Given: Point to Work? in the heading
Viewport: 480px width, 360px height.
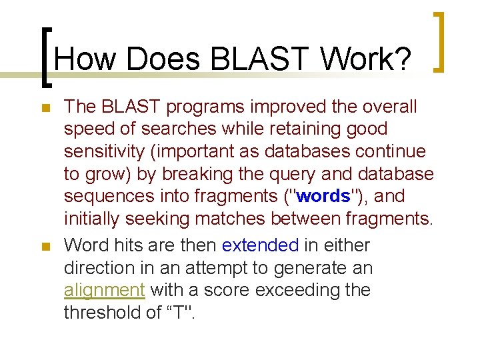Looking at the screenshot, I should click(x=365, y=60).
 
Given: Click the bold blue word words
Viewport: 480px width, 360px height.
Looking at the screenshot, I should click(x=323, y=197).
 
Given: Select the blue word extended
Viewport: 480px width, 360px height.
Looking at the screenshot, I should click(x=260, y=245).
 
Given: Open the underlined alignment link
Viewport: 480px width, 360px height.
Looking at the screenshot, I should click(x=105, y=291).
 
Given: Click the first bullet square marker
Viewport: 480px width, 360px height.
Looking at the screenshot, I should click(x=45, y=107).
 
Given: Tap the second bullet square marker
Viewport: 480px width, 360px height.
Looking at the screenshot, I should click(x=45, y=246).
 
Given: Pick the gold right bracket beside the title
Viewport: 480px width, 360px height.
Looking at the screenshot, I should click(x=441, y=41).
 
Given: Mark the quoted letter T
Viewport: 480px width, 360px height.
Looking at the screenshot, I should click(x=179, y=313).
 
